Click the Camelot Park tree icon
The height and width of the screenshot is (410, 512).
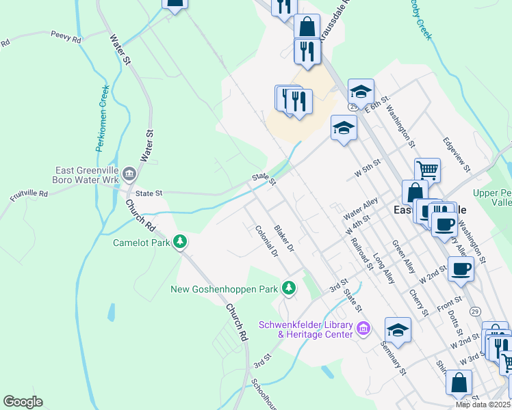click(x=180, y=241)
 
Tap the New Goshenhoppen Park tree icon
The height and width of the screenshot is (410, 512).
click(x=290, y=288)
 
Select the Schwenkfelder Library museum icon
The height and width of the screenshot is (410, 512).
click(x=363, y=329)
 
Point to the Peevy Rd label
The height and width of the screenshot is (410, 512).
click(x=66, y=38)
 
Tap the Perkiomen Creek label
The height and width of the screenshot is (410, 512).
click(x=102, y=118)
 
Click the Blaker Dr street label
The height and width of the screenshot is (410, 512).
click(x=283, y=236)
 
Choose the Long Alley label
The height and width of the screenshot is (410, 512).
click(x=384, y=268)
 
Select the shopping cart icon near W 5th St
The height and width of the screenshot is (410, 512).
click(x=427, y=169)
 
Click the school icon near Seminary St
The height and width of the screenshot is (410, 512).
click(x=398, y=329)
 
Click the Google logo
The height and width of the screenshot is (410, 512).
click(x=23, y=402)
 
